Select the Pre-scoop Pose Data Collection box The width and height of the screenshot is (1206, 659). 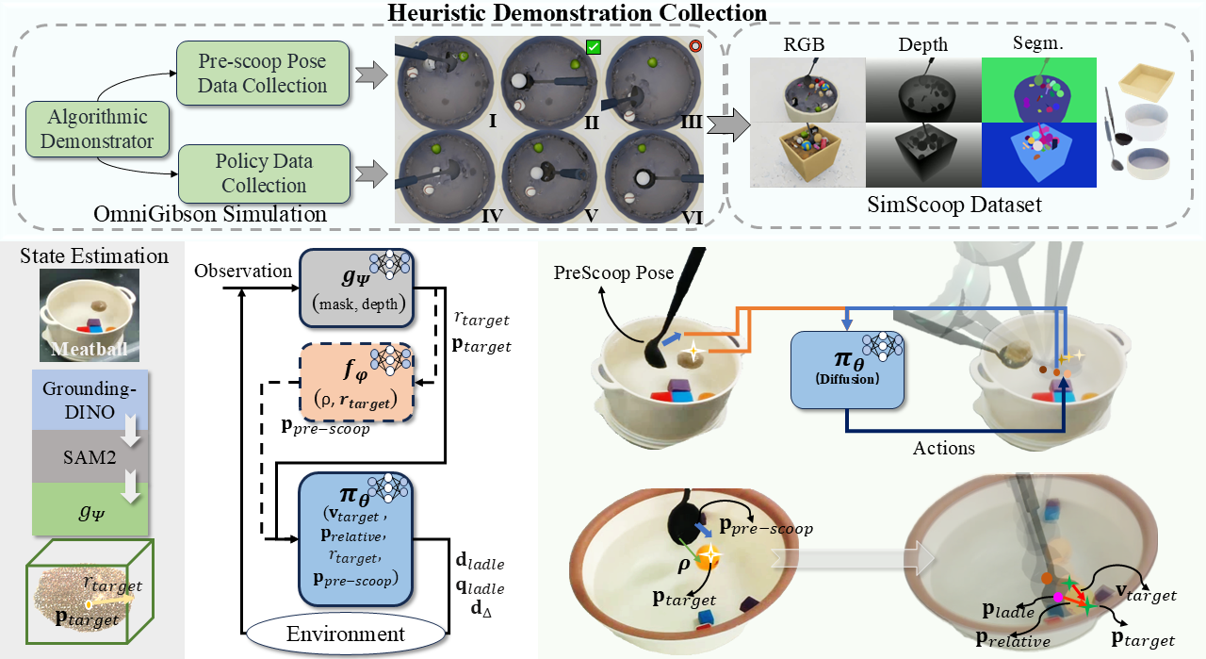(x=262, y=74)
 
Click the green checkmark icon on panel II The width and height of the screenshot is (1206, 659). (x=593, y=47)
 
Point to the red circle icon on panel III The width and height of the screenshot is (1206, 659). (x=696, y=46)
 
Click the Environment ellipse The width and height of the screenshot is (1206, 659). (x=344, y=634)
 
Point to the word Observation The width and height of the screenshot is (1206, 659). (x=243, y=272)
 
